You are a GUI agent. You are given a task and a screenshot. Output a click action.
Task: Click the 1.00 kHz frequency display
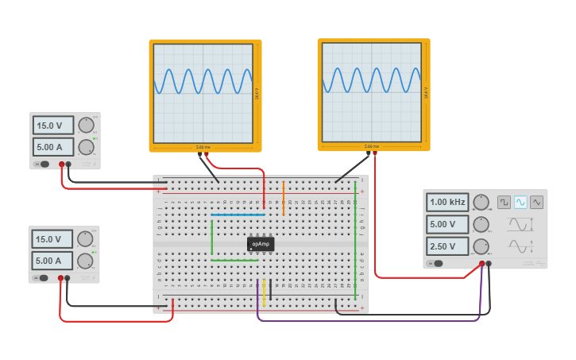447,202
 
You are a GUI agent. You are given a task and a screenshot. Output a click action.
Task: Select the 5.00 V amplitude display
447,223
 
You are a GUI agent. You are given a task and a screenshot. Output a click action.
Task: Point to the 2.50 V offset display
447,246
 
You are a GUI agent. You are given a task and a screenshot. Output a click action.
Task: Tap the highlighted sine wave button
520,202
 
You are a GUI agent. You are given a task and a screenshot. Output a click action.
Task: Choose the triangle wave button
537,202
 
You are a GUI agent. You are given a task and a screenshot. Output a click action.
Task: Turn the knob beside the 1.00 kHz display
481,202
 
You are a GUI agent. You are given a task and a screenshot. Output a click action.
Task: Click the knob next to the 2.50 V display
481,246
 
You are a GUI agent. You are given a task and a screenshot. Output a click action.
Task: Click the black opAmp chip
261,244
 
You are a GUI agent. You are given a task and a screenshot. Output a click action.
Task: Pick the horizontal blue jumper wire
238,215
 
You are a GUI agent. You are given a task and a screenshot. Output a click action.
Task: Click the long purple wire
365,320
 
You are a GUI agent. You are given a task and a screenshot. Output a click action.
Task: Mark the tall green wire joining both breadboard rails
355,238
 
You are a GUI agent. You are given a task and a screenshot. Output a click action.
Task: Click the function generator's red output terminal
481,263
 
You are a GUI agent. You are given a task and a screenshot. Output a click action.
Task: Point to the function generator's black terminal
489,263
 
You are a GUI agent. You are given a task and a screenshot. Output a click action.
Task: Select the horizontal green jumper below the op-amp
235,260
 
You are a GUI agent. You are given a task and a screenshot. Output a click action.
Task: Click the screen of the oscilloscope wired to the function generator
371,91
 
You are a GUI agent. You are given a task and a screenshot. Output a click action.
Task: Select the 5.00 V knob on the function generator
481,223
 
